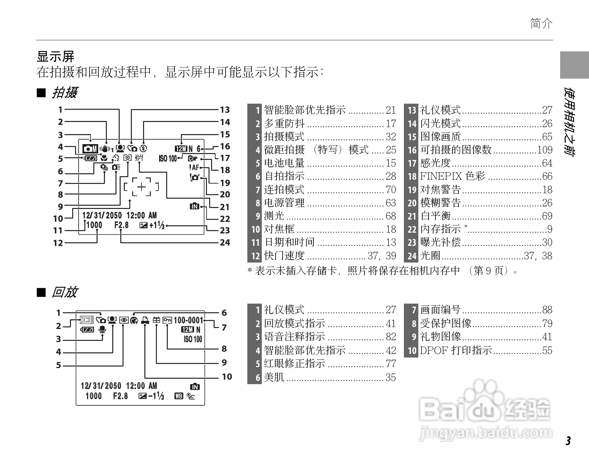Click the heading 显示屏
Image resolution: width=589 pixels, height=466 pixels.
55,57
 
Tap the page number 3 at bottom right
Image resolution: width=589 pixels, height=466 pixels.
568,441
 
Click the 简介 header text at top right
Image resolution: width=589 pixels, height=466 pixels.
541,23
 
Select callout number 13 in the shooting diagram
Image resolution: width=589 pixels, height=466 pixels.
225,110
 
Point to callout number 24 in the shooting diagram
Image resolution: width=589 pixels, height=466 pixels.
225,242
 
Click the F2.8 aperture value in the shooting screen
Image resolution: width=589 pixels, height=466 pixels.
121,225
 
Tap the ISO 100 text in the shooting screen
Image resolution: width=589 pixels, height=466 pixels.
168,158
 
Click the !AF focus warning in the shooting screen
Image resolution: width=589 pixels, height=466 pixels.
194,167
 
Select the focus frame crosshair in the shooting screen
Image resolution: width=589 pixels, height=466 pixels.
141,187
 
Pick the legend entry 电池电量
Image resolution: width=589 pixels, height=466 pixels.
284,163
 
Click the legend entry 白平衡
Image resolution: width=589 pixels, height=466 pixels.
435,216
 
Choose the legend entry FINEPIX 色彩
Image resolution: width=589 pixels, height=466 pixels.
452,176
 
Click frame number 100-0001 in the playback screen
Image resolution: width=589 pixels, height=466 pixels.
188,320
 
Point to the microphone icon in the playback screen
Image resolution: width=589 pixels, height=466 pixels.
102,329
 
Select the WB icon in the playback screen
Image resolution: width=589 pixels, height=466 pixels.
179,396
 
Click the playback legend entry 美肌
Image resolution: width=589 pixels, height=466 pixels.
274,377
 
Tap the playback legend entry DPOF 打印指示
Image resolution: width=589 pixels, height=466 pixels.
456,350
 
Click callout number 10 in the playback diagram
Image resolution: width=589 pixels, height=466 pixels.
227,376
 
